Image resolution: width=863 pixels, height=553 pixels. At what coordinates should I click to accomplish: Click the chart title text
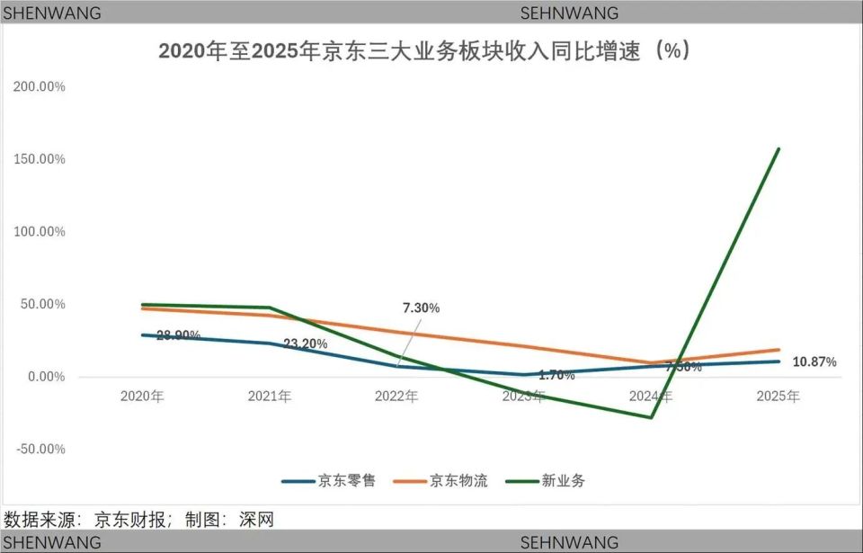coord(424,51)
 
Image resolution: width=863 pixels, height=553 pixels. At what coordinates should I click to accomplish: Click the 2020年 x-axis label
coord(142,397)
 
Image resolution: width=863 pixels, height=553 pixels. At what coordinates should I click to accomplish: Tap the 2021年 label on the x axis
coord(270,397)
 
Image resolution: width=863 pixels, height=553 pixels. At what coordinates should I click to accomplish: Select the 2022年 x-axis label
coord(396,397)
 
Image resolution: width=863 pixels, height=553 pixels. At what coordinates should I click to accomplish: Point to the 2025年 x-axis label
coord(778,397)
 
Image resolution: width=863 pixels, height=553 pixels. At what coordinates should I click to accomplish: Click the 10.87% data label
coord(814,362)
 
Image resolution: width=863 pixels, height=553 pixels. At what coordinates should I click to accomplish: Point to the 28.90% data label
coord(178,335)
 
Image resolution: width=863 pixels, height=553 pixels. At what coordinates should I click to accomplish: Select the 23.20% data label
coord(306,343)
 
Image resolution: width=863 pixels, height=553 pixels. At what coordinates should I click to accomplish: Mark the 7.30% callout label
coord(421,308)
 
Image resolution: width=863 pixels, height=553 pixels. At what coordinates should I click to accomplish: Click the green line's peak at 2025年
coord(778,149)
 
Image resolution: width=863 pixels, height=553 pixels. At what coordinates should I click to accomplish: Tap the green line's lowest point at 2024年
coord(651,417)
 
